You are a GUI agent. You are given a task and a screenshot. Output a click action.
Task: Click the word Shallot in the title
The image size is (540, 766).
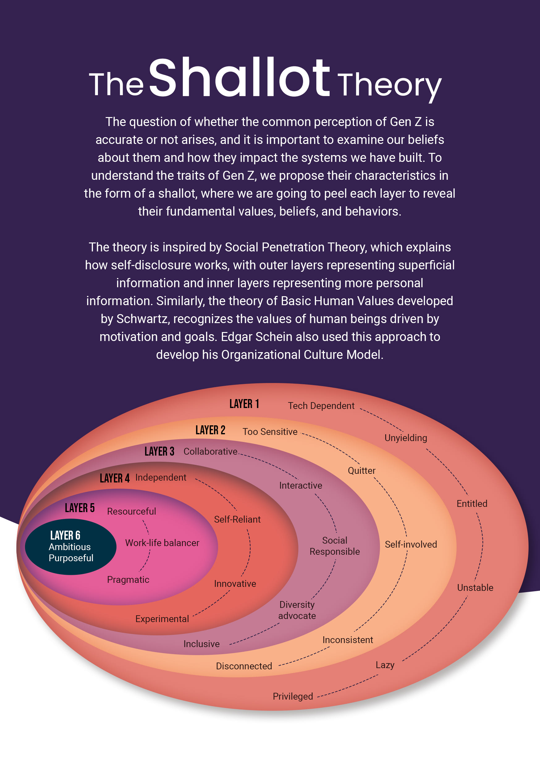coord(239,78)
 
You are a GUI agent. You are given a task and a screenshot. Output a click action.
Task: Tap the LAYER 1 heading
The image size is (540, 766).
coord(244,404)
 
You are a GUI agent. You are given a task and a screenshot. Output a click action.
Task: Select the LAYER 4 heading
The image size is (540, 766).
coord(115,478)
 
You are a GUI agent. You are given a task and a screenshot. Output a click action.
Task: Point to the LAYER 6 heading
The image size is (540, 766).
coord(65,535)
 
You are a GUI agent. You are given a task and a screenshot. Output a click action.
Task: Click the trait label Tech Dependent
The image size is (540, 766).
coord(321,406)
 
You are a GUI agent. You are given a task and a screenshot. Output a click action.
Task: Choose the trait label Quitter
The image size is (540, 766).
coord(361,470)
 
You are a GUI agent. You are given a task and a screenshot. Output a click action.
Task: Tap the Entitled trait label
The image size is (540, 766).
coord(472,503)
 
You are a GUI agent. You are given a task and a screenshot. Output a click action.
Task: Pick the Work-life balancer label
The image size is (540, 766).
coord(162,543)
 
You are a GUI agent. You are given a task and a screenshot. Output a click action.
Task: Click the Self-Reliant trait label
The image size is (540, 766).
coord(237,519)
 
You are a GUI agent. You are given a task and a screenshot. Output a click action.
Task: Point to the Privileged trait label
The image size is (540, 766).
coord(293,696)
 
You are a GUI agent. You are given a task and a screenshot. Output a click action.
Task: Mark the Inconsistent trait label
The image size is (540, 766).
coord(348,640)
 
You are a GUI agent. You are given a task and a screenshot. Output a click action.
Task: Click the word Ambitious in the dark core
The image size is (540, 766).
coord(70,547)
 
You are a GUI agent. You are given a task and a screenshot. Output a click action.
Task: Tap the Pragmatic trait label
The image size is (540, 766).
coord(128,579)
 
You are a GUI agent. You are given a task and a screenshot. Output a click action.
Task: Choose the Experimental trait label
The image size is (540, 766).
coord(162,619)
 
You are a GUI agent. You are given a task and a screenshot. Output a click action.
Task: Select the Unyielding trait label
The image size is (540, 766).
coord(406,438)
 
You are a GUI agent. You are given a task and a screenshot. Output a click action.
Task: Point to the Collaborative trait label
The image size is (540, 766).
coord(210,451)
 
